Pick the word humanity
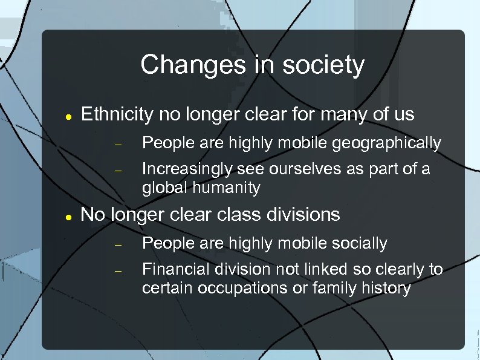pyautogui.click(x=227, y=188)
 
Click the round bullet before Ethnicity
pyautogui.click(x=70, y=116)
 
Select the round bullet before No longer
pyautogui.click(x=70, y=216)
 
